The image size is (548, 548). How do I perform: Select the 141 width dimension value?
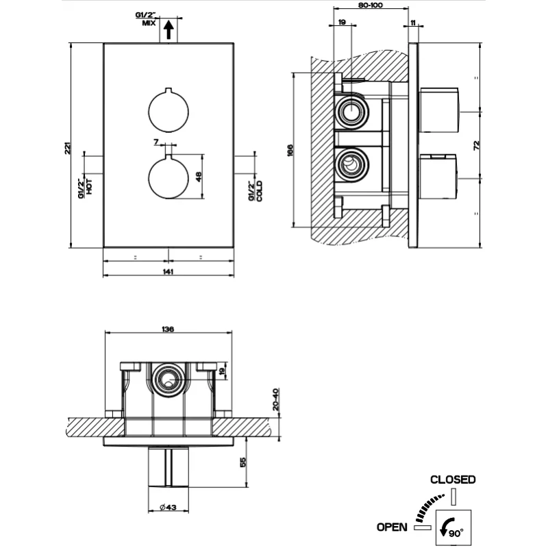[169, 272]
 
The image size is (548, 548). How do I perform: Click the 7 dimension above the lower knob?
[156, 142]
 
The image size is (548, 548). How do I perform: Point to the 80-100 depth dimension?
[370, 5]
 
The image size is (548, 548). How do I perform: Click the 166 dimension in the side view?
[290, 149]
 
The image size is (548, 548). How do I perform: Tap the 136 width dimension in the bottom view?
[168, 329]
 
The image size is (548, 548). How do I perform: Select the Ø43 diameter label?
[168, 508]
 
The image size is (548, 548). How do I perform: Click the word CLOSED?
[452, 480]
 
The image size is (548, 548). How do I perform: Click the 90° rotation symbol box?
[453, 526]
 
